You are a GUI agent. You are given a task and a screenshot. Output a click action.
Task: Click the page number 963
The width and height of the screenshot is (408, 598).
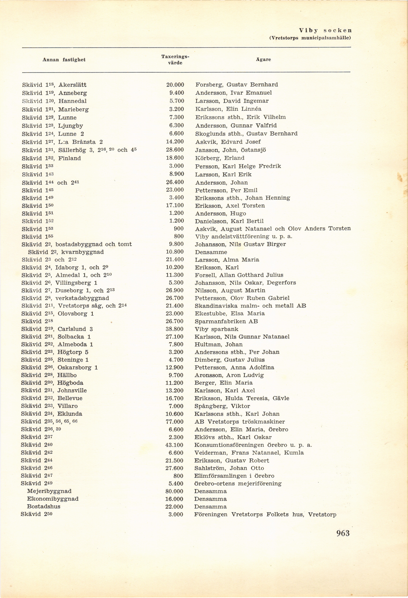pos(343,533)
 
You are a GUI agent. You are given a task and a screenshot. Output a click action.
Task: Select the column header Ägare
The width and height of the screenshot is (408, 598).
pos(263,60)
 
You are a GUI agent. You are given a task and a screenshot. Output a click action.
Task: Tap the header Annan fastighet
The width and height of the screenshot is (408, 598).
pos(64,60)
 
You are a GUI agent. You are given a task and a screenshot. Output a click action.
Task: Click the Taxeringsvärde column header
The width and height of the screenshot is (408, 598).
pos(175,60)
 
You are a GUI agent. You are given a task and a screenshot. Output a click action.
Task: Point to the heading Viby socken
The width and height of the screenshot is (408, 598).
pos(325,30)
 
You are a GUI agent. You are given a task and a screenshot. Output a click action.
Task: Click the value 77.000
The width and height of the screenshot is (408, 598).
pos(174,421)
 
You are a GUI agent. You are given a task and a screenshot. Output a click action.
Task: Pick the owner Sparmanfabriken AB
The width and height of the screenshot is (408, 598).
pos(226,321)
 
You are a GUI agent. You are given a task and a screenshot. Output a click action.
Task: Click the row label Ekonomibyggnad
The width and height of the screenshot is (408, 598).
pos(53,499)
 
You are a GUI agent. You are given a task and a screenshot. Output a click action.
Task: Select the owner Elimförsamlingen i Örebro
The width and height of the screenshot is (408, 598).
pos(234,476)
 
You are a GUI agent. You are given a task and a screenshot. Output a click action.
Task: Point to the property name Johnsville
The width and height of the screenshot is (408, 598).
pos(72,390)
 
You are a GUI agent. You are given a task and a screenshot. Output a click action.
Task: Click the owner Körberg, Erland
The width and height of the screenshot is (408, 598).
pos(220,158)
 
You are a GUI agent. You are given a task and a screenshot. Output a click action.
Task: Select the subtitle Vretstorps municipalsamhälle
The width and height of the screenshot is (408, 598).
pos(310,38)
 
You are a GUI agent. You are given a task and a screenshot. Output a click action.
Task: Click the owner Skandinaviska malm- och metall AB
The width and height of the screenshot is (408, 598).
pos(250,306)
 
